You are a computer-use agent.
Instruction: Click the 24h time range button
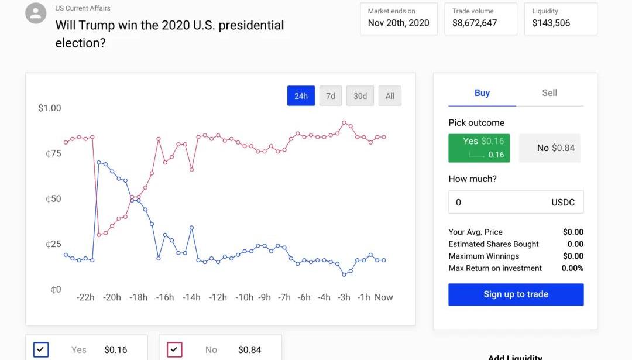point(301,96)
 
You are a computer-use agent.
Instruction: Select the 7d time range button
point(331,96)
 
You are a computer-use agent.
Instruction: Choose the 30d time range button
point(360,96)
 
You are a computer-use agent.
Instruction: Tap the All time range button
point(390,96)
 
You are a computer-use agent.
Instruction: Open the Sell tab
point(549,93)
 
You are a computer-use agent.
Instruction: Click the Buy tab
point(482,93)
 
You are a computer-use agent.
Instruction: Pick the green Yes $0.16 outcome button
point(479,148)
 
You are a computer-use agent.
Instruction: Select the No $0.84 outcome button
point(549,148)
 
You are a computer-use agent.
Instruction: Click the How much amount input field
point(497,203)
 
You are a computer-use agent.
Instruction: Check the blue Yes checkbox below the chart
point(41,349)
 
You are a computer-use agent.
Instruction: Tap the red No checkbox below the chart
point(174,349)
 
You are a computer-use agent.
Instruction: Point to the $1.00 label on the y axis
point(50,108)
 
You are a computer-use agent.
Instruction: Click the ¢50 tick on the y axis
point(53,199)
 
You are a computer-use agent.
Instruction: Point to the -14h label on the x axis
point(191,297)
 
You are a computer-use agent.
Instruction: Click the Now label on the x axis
point(384,297)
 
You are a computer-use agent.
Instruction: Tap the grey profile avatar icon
point(36,13)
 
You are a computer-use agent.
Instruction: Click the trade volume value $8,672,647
point(475,23)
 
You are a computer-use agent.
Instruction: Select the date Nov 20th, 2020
point(399,23)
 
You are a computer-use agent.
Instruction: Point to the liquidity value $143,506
point(551,23)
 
